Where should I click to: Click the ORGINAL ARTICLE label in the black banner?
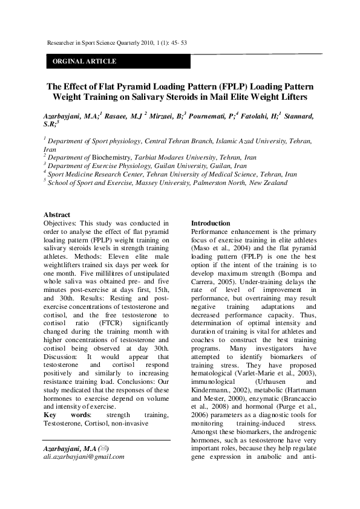coord(85,62)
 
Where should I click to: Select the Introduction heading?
coord(211,223)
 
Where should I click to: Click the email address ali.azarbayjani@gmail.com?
coord(84,457)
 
